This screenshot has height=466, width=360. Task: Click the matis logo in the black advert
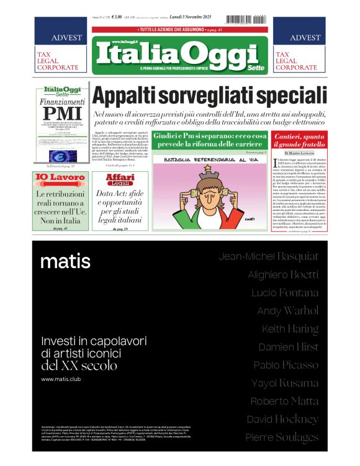coord(65,261)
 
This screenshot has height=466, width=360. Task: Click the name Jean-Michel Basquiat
coord(269,256)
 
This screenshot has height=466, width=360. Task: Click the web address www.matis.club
coord(63,379)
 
